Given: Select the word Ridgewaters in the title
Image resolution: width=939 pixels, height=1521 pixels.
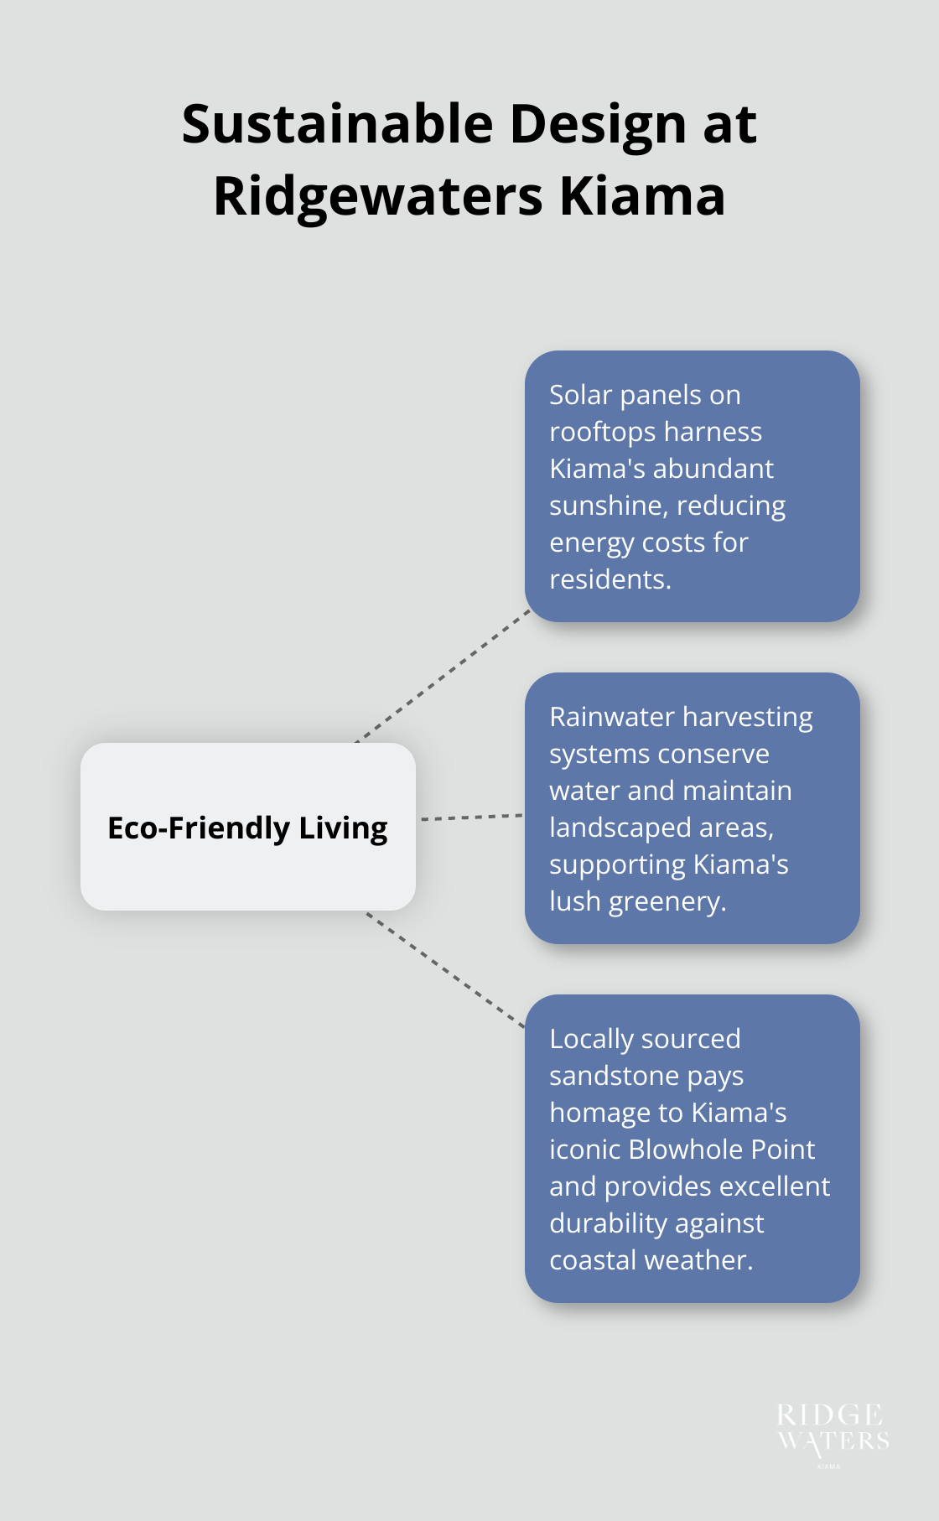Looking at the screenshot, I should (378, 197).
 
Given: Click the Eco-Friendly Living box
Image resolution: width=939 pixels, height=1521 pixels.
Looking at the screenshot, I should (248, 827).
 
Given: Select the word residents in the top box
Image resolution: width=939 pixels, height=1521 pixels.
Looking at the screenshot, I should (609, 579).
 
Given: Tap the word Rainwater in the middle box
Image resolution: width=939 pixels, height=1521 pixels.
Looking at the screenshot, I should (612, 717).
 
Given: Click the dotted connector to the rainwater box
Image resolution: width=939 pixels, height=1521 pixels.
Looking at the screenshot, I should (471, 817).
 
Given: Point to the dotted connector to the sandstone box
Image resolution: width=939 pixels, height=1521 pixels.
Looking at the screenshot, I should (445, 969).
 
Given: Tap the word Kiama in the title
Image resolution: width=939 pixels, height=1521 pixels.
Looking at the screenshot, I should (642, 197).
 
